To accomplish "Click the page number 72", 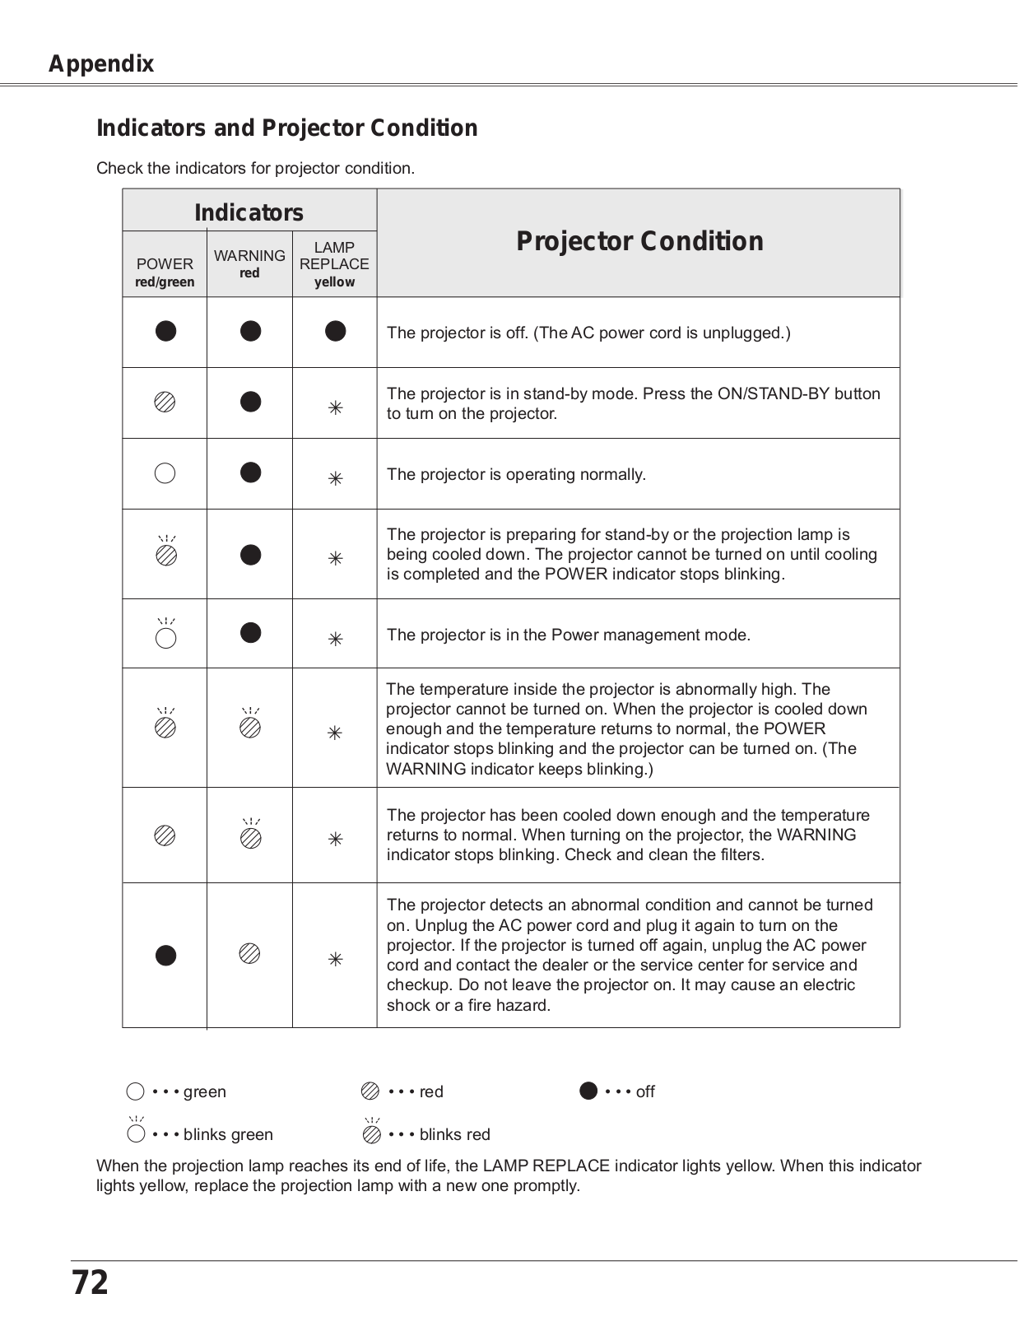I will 90,1282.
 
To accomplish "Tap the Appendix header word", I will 101,64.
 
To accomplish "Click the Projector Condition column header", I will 639,241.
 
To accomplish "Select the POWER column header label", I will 165,264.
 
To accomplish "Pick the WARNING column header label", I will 249,256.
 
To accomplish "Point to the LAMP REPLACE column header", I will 334,256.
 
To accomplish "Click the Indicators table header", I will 249,212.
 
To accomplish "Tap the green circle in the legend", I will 136,1091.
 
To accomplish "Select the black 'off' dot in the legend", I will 588,1091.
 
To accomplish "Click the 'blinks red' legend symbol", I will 372,1133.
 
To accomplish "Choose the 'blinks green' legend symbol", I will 136,1133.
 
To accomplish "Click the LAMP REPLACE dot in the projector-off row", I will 335,331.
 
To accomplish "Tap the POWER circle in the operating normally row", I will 165,473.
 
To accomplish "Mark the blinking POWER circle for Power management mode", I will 166,638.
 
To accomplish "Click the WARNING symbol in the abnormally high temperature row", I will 250,727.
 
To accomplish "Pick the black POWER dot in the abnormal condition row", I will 166,955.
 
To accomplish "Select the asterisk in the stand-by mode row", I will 335,407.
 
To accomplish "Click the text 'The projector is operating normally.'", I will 516,475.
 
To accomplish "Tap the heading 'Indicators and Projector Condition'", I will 286,128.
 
